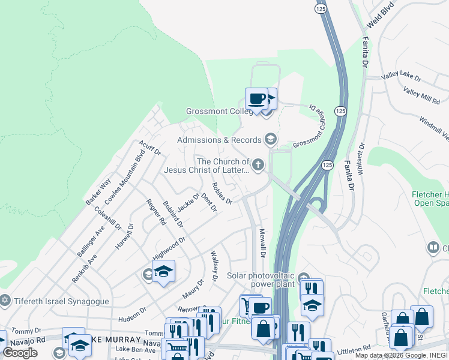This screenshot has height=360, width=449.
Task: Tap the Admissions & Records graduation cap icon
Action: pyautogui.click(x=270, y=140)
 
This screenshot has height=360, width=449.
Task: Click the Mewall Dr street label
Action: pyautogui.click(x=262, y=243)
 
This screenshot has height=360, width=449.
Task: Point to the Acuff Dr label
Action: pyautogui.click(x=149, y=148)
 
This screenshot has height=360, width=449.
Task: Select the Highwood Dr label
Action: pyautogui.click(x=169, y=248)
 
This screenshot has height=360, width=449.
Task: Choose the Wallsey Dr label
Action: pyautogui.click(x=214, y=266)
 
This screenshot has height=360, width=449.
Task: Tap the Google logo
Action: pyautogui.click(x=20, y=353)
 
